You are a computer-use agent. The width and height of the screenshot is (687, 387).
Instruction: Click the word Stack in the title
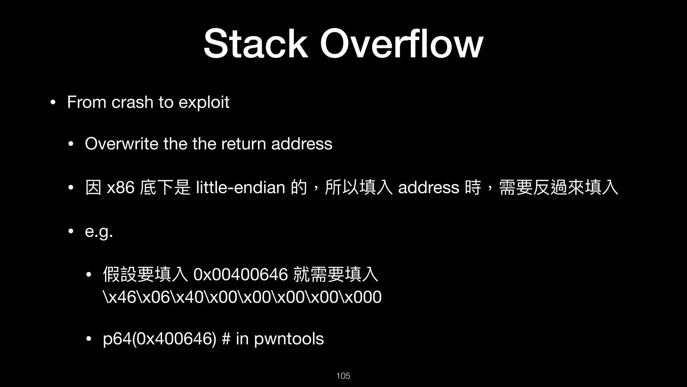point(255,44)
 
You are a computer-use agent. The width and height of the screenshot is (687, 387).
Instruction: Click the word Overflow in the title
point(402,44)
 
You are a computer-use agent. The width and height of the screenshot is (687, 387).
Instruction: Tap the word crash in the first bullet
point(132,102)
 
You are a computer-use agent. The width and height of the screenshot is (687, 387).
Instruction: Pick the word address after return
point(302,144)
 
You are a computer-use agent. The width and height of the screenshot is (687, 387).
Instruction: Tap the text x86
point(120,187)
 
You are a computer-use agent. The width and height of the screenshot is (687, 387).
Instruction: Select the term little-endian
point(240,187)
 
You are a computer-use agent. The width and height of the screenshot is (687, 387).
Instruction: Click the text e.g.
point(99,232)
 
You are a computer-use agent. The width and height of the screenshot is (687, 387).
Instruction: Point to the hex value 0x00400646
point(241,274)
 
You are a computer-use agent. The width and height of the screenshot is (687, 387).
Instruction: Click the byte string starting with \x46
point(242,297)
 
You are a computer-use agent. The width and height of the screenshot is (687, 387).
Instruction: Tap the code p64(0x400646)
point(160,339)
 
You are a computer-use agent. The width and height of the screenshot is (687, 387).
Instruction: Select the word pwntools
point(289,339)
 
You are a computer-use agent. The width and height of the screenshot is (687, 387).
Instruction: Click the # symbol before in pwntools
point(226,339)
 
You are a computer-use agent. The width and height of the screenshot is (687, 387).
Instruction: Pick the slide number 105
point(343,376)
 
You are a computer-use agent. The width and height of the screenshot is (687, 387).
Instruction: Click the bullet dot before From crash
point(52,102)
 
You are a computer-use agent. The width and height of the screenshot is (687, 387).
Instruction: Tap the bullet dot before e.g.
point(70,231)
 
